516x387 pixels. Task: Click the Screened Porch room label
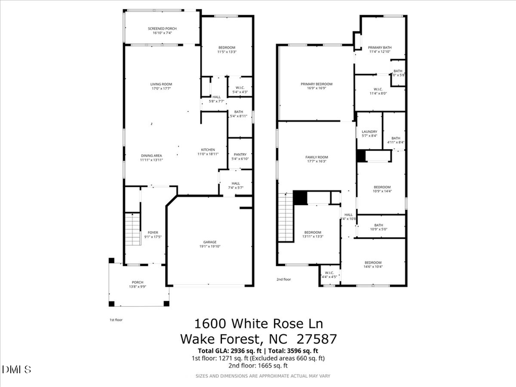click(162, 29)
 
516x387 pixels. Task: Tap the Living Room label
click(162, 84)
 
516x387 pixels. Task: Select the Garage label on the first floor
click(209, 242)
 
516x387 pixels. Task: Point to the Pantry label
click(240, 154)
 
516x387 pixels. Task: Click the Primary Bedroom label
click(316, 84)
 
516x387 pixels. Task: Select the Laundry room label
click(369, 131)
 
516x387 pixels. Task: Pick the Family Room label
click(316, 157)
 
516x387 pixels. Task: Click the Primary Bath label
click(379, 48)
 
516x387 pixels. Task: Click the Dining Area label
click(152, 155)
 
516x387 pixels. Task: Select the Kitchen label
click(207, 150)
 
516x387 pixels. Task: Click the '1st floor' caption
click(116, 320)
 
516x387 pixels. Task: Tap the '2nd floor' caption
click(284, 279)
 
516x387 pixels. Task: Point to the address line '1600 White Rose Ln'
click(258, 324)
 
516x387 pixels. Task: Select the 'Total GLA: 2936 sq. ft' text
click(226, 350)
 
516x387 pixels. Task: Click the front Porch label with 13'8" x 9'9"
click(138, 282)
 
